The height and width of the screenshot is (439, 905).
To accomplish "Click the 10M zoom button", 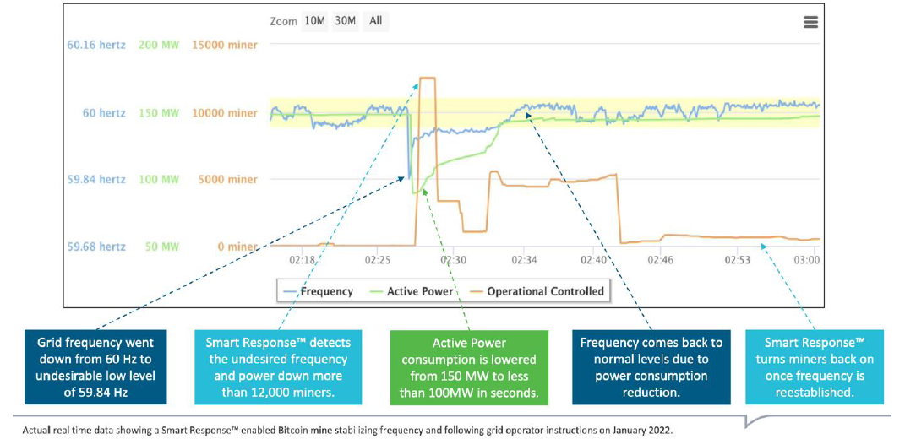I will click(x=314, y=21).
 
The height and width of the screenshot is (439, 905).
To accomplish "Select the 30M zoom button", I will click(x=344, y=21).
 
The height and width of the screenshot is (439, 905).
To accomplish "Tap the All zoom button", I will click(x=375, y=21).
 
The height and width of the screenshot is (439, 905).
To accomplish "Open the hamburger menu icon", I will click(x=811, y=22).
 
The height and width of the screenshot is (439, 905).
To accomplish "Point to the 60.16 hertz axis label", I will click(x=95, y=44).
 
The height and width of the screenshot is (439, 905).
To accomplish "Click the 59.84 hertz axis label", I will click(x=95, y=179).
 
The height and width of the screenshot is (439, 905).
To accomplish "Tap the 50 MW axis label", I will click(x=162, y=247).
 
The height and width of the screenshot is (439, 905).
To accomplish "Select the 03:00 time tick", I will click(x=807, y=261).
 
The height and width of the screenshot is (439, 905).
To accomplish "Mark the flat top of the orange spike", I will click(x=428, y=79).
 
